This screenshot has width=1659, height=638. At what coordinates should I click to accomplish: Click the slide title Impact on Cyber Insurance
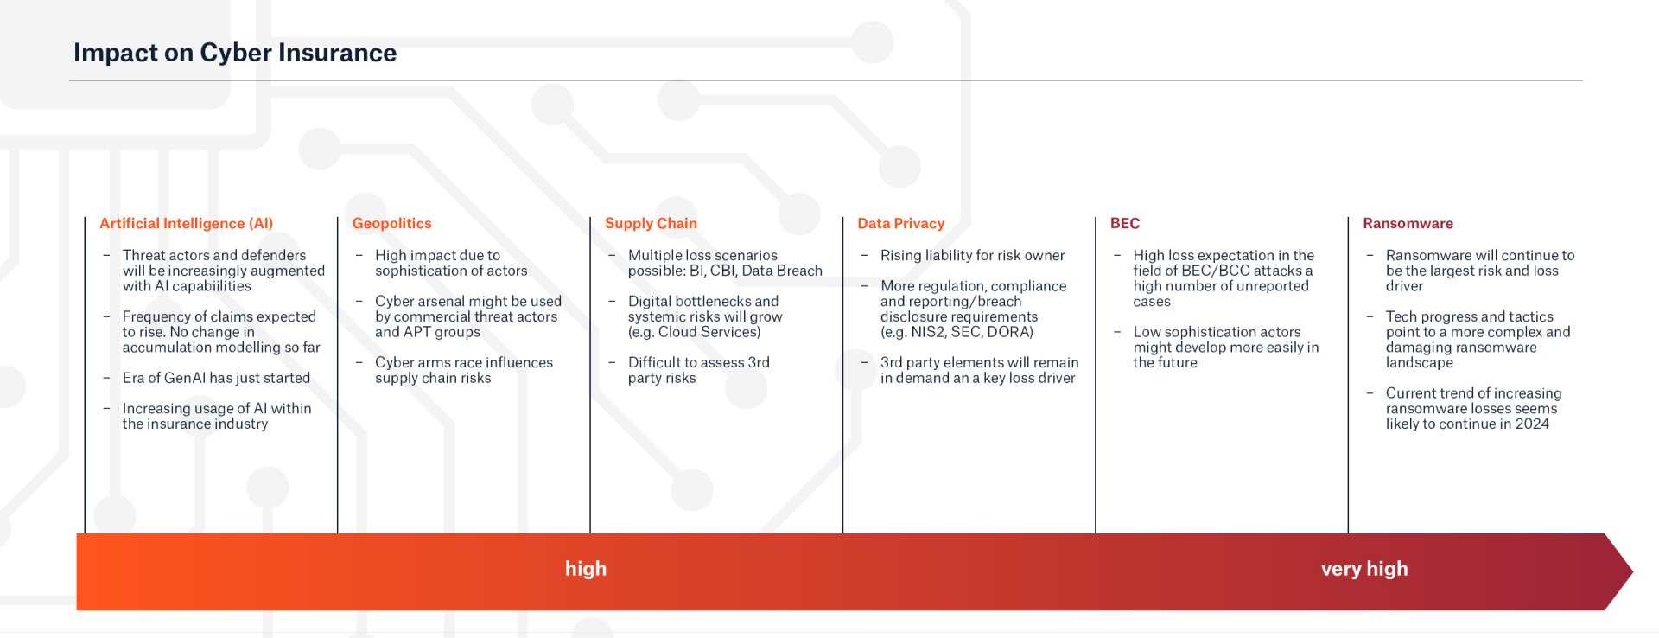[234, 53]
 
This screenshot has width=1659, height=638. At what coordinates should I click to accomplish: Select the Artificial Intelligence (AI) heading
[186, 223]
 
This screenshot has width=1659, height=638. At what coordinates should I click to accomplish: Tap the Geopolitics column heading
[391, 223]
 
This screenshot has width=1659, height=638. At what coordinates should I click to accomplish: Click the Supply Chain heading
[651, 223]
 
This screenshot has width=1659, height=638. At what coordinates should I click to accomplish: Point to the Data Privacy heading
[900, 223]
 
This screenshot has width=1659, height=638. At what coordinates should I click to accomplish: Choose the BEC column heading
[1124, 223]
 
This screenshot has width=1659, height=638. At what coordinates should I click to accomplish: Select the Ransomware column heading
[1408, 223]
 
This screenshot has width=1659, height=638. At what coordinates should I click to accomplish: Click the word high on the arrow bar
[586, 569]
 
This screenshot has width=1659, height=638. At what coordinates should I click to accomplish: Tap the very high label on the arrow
[1364, 569]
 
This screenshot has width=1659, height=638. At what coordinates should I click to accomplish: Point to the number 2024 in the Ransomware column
[1531, 424]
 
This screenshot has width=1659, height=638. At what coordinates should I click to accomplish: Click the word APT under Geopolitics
[417, 332]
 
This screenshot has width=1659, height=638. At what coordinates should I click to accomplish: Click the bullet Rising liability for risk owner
[972, 255]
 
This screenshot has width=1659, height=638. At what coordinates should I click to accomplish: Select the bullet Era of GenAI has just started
[216, 378]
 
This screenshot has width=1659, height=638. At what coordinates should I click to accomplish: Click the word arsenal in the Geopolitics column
[444, 301]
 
